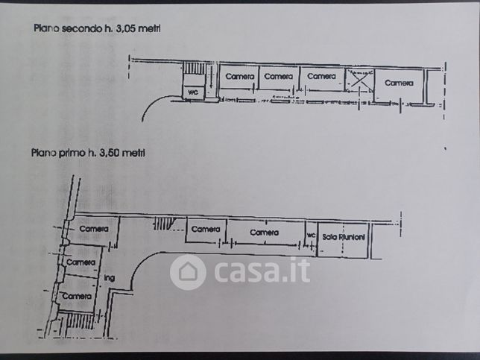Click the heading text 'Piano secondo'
(68, 28)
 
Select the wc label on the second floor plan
(193, 92)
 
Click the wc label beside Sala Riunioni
(311, 236)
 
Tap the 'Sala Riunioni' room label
(344, 237)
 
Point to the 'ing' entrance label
(110, 278)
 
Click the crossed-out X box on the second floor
(359, 80)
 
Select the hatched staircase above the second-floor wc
(194, 69)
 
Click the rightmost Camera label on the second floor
(399, 83)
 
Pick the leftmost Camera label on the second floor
(240, 76)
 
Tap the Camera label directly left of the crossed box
(321, 76)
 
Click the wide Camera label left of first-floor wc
(264, 233)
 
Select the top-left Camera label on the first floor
(94, 229)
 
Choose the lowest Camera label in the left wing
(77, 296)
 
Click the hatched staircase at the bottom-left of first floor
(80, 320)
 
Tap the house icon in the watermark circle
(188, 272)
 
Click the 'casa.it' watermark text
(262, 271)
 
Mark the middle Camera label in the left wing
(80, 262)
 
